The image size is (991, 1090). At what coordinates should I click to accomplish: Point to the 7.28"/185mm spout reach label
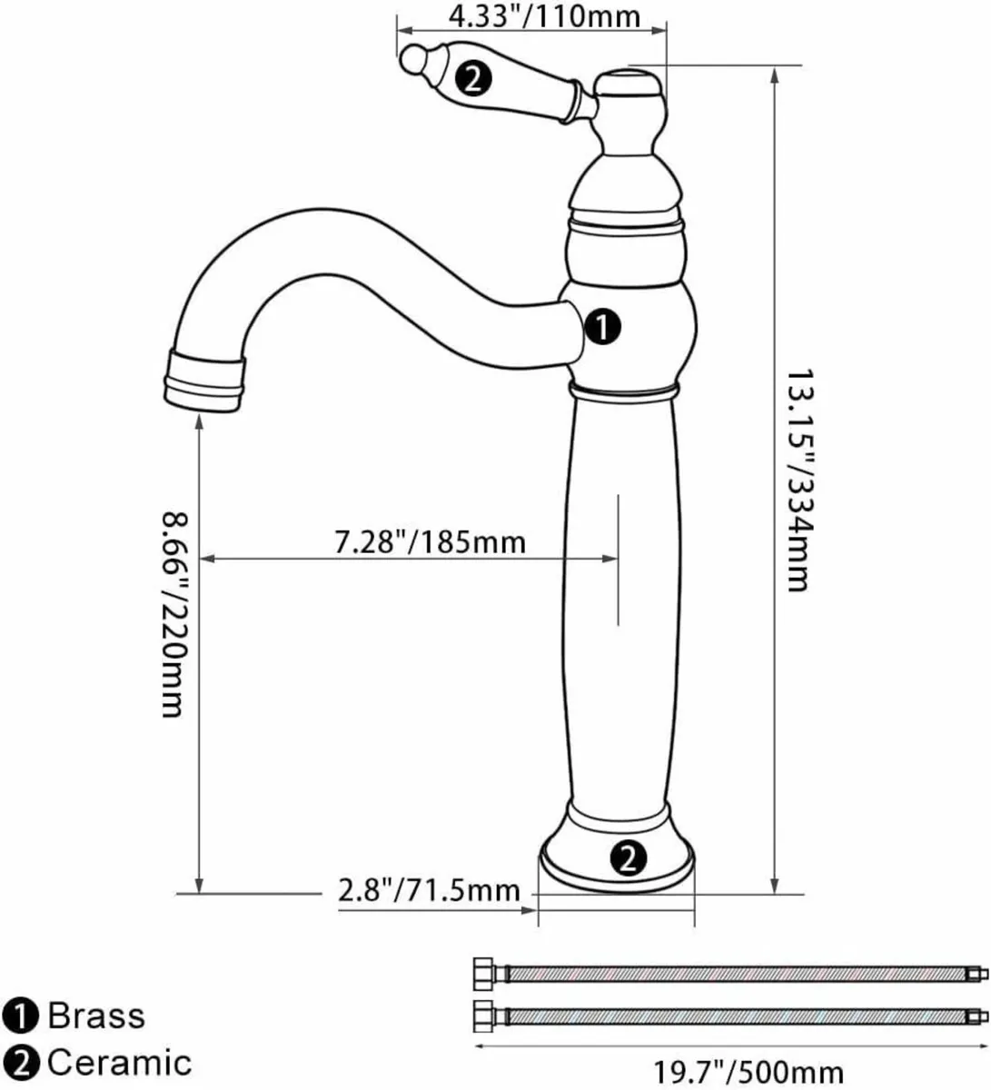coord(430,542)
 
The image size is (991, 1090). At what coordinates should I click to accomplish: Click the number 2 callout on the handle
coord(474,79)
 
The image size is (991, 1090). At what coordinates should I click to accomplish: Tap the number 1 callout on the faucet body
coord(603,326)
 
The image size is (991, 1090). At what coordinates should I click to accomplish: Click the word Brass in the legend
coord(95,1015)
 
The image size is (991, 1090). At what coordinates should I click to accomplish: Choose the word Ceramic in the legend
coord(119,1061)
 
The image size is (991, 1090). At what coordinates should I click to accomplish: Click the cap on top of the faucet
coord(629,85)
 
